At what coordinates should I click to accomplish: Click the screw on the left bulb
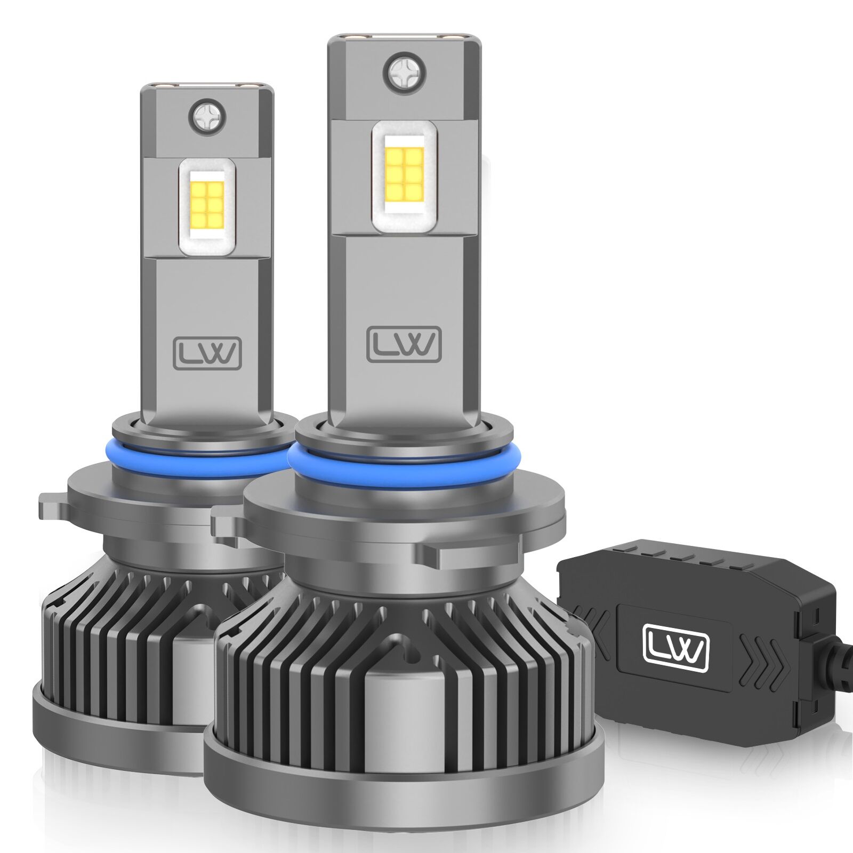pos(207,116)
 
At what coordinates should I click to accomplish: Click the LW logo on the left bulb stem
pos(207,353)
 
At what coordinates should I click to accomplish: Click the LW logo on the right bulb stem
pos(404,344)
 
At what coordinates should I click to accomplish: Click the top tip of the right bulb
pos(404,38)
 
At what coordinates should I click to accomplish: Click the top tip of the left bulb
pos(207,85)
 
